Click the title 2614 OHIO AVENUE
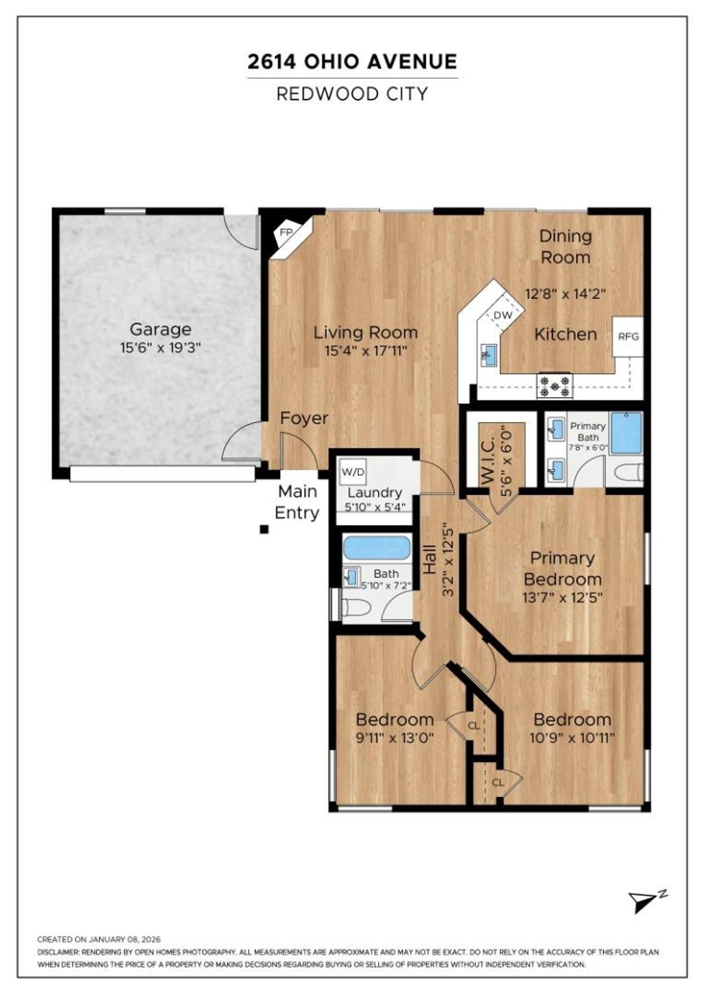point(352,61)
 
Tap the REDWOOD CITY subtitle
point(352,93)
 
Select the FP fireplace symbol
point(286,233)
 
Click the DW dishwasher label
point(503,315)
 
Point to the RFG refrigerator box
point(628,336)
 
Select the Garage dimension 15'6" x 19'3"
point(160,348)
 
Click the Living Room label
point(366,333)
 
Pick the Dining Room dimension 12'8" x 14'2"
point(565,293)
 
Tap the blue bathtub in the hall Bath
point(377,548)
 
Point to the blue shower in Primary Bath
point(627,433)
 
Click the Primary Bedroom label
point(562,568)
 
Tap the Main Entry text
point(297,502)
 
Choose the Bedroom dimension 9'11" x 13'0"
point(395,738)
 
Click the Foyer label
point(304,418)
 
